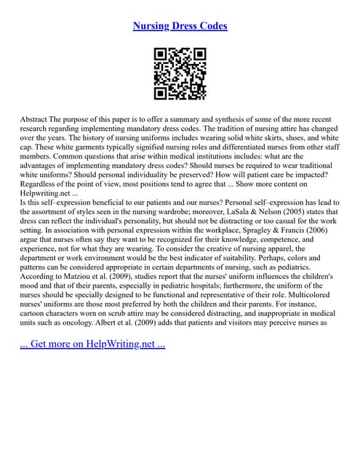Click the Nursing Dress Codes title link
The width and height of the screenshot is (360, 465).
180,26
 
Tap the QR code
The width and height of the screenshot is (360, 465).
180,73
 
